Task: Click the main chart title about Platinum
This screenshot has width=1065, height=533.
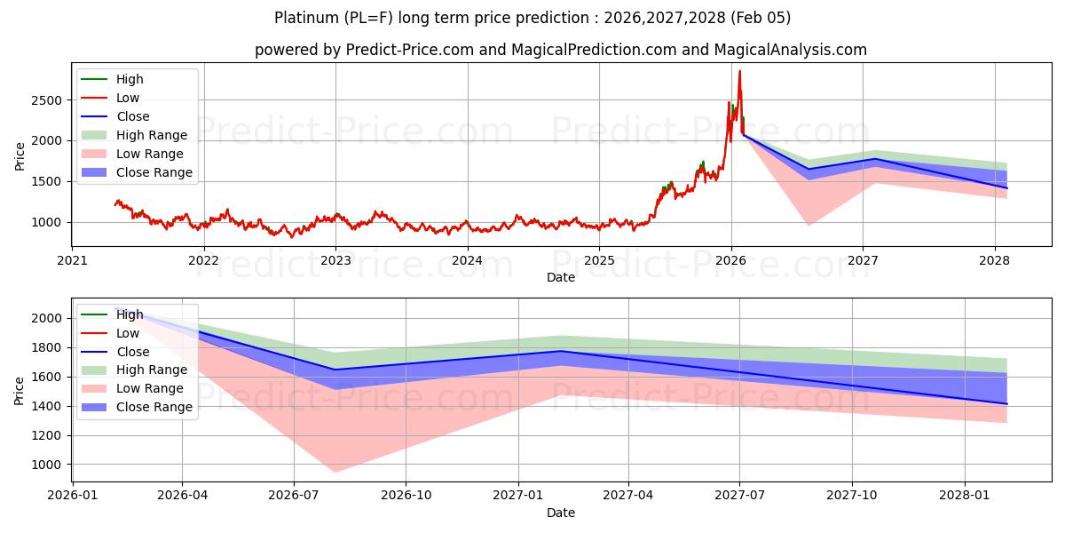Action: (x=532, y=18)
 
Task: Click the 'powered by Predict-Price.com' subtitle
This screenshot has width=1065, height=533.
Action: (x=560, y=50)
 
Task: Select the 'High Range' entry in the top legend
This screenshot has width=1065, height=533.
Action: (x=151, y=135)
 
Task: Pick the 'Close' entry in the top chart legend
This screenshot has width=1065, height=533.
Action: (x=132, y=116)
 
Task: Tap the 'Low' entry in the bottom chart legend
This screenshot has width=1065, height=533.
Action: (x=128, y=333)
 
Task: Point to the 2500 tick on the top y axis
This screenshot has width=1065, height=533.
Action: (x=48, y=100)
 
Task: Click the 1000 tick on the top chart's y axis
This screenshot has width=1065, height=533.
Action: (x=48, y=222)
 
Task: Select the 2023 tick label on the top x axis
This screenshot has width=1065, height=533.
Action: (x=335, y=260)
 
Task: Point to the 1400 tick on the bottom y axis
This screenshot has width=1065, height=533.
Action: (x=48, y=406)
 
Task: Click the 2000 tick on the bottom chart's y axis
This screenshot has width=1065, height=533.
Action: (x=48, y=318)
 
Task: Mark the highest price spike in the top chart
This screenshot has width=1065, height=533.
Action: (x=739, y=71)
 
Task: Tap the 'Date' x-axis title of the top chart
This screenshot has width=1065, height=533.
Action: (x=560, y=277)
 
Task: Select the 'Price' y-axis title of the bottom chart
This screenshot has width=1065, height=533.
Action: (x=20, y=390)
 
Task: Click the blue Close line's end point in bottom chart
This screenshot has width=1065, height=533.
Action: (x=1006, y=404)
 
